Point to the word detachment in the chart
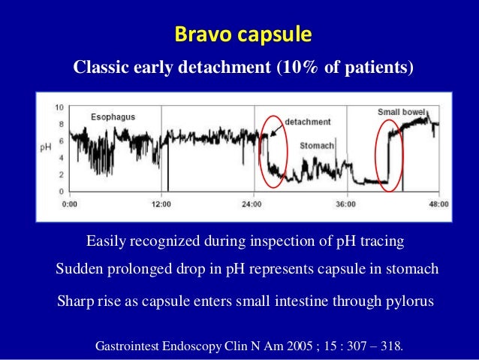(308, 122)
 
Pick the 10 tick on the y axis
(59, 107)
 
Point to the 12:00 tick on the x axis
(161, 203)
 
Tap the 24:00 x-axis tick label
(253, 203)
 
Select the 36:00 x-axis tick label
(346, 203)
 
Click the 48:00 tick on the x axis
(438, 203)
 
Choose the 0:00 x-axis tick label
(68, 203)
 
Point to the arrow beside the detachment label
(276, 129)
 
